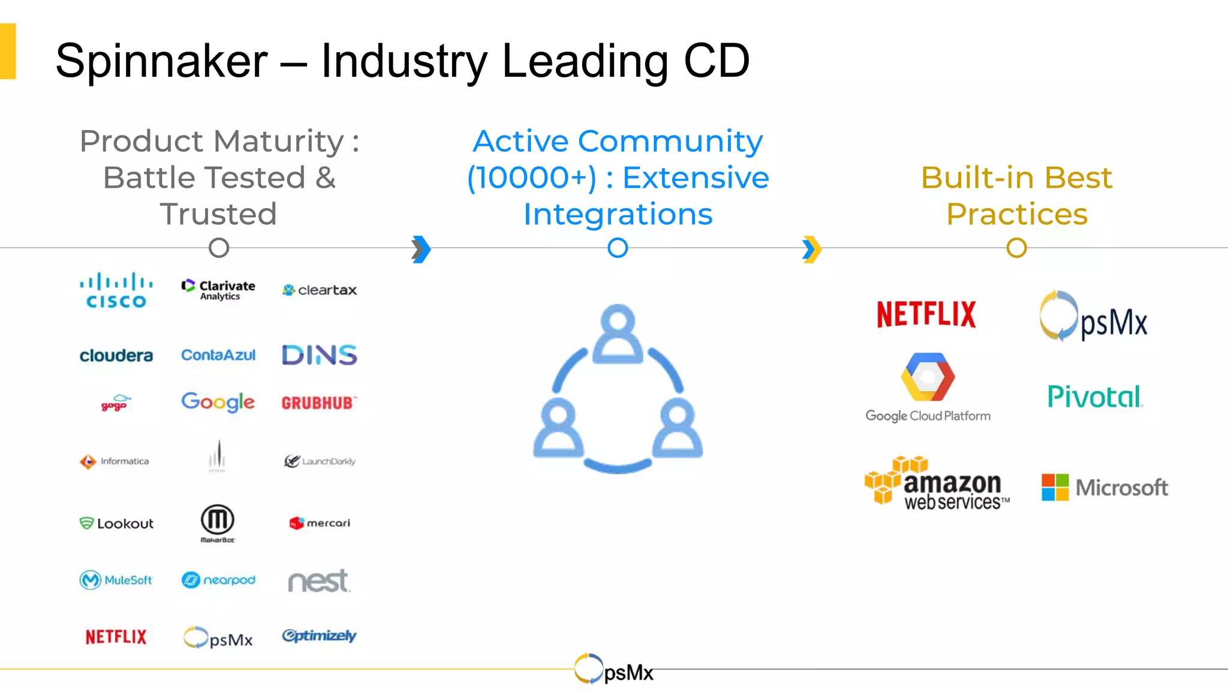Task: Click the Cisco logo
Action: [116, 291]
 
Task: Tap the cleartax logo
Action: [320, 290]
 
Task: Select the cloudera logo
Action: [116, 356]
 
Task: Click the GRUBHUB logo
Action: [319, 403]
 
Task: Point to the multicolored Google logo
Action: [218, 402]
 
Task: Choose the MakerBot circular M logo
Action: [217, 520]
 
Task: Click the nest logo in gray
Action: [318, 581]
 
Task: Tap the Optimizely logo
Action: [319, 636]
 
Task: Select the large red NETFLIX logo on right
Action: [926, 315]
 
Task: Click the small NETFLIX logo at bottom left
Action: [116, 637]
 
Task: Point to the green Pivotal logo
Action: [1095, 397]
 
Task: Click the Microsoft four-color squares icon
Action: [1055, 487]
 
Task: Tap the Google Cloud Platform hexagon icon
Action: [928, 377]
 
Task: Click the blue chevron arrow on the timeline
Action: [422, 249]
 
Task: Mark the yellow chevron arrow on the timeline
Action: [812, 249]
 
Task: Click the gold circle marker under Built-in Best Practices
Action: [1016, 248]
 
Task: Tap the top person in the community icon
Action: [618, 334]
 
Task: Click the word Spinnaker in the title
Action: [161, 61]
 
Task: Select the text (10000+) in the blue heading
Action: [532, 178]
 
